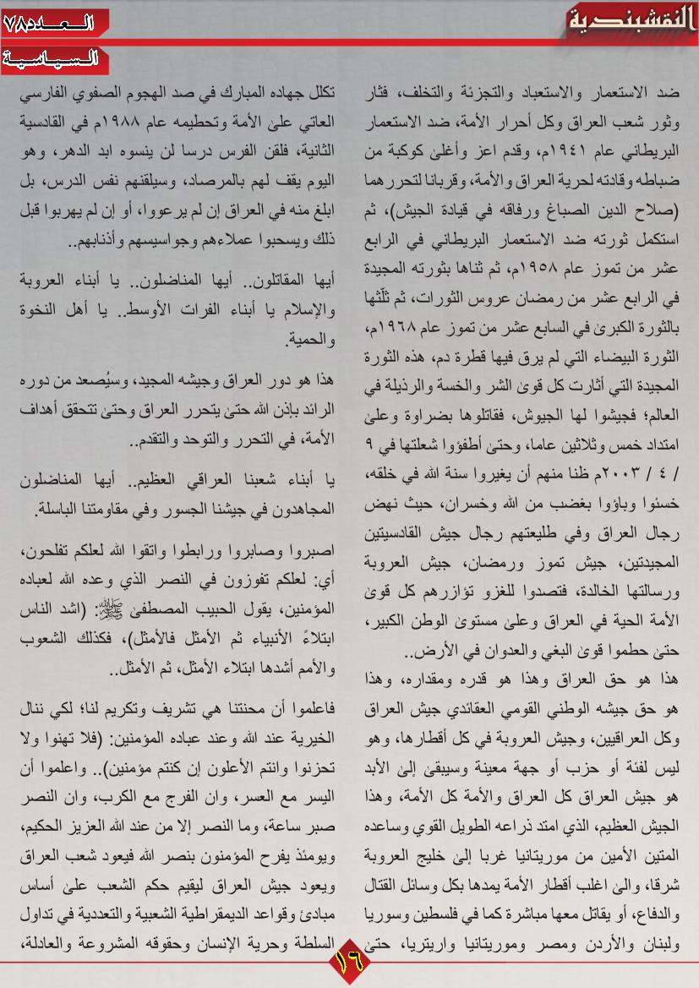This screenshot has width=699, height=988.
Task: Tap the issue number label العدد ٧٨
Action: tap(49, 23)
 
